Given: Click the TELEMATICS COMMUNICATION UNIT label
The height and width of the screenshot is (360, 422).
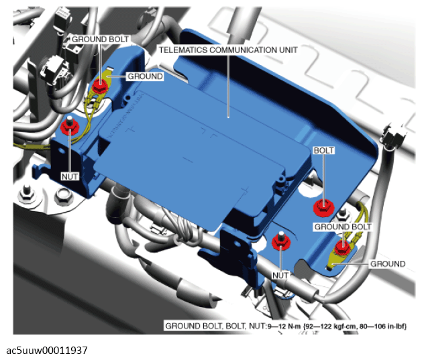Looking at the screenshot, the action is click(x=228, y=50).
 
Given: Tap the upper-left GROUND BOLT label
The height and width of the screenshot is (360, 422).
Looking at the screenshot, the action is click(x=100, y=39).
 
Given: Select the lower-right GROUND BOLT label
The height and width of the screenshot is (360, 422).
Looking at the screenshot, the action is click(x=343, y=227).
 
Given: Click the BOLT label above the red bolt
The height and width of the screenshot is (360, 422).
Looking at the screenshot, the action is click(x=324, y=150).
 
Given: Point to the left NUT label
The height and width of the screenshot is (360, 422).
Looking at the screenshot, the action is click(x=70, y=176).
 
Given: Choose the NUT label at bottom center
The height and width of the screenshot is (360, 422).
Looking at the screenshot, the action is click(x=280, y=276).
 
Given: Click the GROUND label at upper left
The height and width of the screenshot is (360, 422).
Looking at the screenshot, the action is click(x=145, y=76).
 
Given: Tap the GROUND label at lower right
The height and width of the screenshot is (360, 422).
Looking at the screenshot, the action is click(x=388, y=263).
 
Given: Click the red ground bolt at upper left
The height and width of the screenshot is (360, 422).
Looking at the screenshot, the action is click(x=100, y=86).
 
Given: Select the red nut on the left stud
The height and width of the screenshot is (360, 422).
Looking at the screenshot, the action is click(x=69, y=125).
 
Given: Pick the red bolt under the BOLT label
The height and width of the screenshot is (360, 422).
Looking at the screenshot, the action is click(x=324, y=208).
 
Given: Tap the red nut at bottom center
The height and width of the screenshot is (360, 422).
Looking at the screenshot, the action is click(x=281, y=241).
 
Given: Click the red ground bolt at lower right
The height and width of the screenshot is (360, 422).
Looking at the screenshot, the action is click(x=341, y=247).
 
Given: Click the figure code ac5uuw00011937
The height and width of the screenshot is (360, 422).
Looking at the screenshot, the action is click(x=47, y=351).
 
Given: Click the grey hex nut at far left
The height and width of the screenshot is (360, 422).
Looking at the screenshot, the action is click(x=26, y=194).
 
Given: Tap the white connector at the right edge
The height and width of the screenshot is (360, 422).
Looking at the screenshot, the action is click(x=394, y=135).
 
